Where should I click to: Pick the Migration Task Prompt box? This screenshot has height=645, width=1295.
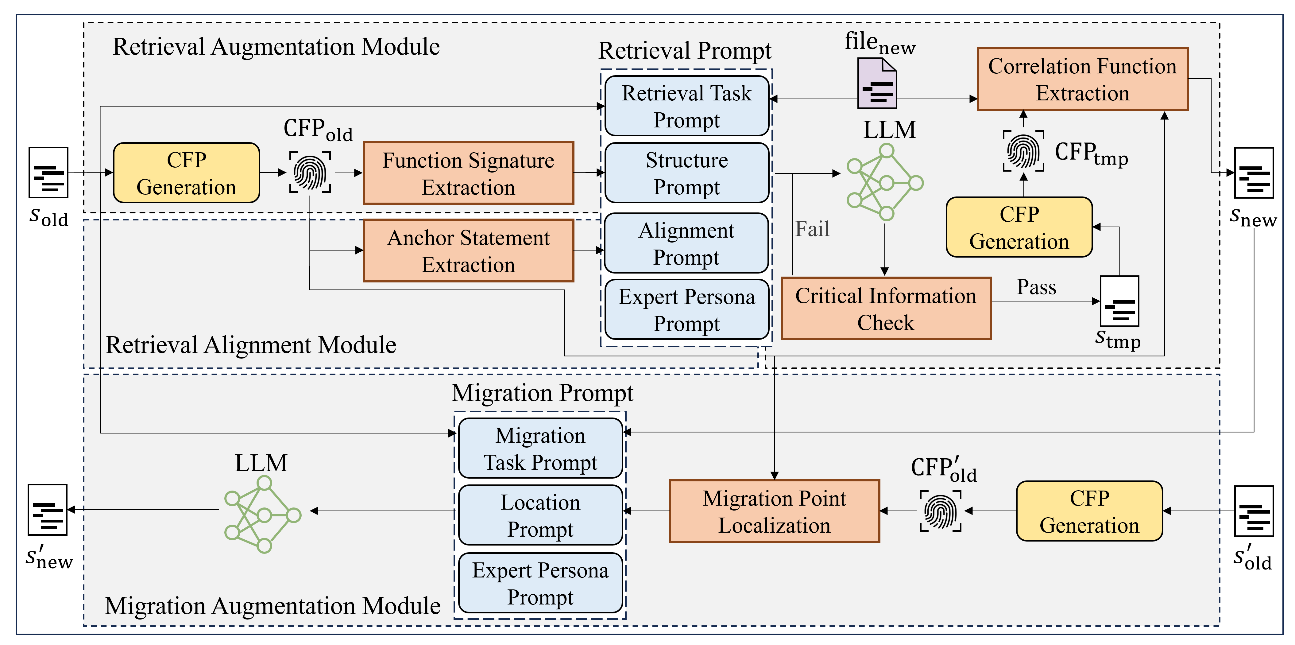(x=540, y=448)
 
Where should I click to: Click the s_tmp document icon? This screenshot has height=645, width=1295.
(x=1119, y=301)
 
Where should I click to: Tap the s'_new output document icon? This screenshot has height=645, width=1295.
(x=48, y=509)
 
